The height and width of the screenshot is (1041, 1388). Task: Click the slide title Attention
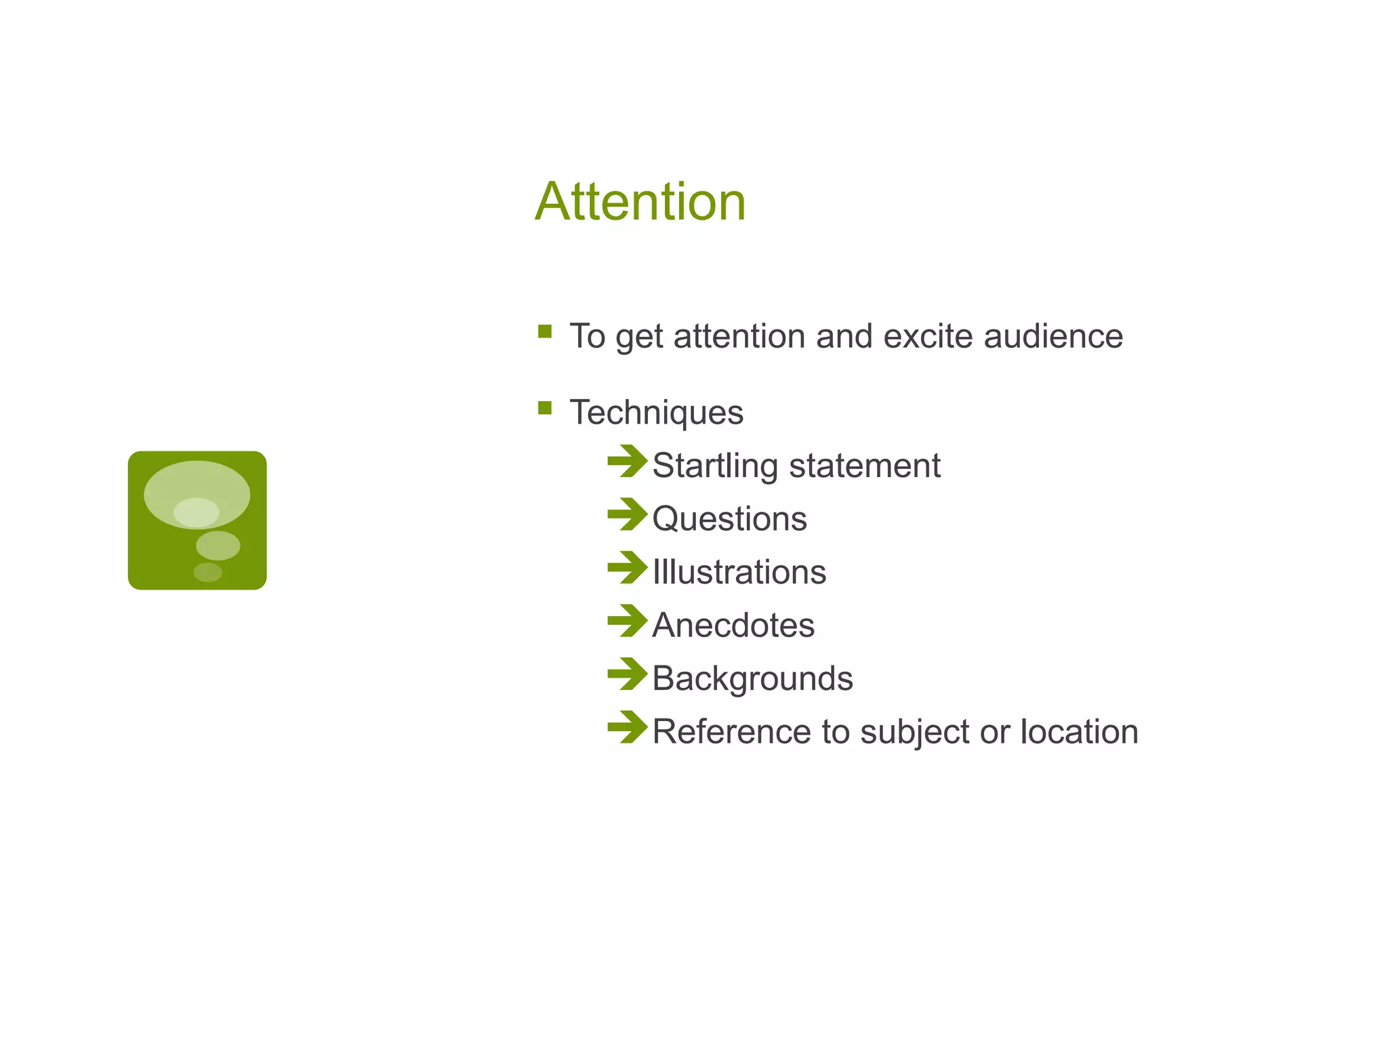click(x=640, y=202)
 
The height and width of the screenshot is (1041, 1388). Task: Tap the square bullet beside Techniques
click(x=544, y=408)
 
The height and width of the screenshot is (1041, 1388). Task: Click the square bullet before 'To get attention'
click(x=544, y=331)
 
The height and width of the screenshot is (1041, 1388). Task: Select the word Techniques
click(x=656, y=412)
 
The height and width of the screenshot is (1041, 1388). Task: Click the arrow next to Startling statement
click(x=627, y=462)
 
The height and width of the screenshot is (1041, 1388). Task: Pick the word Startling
click(x=714, y=466)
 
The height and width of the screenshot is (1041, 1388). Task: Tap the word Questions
click(x=729, y=519)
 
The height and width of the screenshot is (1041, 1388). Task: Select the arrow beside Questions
click(x=627, y=514)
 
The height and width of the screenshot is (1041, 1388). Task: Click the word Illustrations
click(x=739, y=572)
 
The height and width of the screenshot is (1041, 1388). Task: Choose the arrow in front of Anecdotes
click(x=627, y=621)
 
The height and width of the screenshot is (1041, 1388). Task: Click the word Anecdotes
click(x=733, y=625)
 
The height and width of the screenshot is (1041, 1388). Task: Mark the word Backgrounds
click(x=752, y=678)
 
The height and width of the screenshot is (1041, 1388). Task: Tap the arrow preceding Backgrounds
click(x=627, y=674)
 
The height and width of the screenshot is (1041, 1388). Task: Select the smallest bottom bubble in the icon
click(x=207, y=572)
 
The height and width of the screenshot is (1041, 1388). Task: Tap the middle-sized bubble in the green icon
click(x=218, y=546)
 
